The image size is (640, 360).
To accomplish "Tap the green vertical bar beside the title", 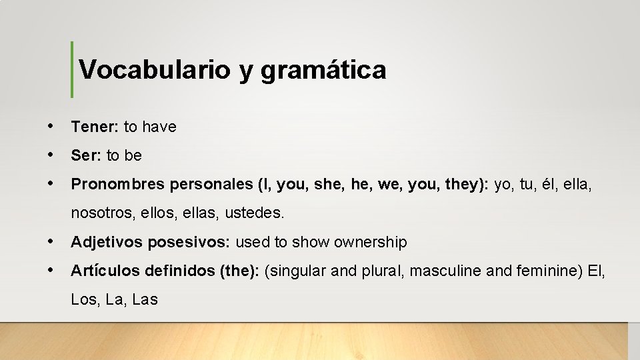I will pos(72,69).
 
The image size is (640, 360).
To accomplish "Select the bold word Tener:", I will pos(95,127).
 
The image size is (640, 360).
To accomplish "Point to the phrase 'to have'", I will pos(150,127).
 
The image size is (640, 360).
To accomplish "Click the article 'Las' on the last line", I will pos(145,299).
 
